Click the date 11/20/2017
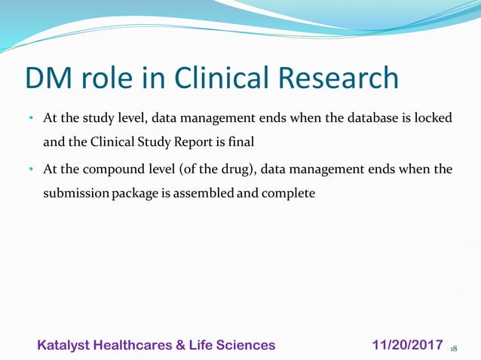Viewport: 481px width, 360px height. (x=407, y=345)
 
